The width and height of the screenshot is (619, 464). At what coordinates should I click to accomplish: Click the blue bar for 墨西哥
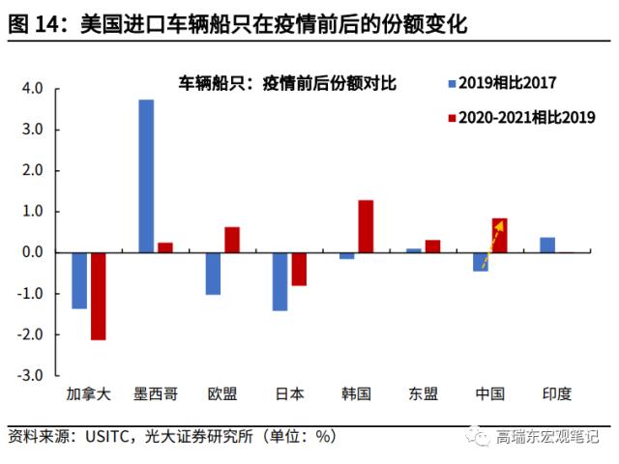pos(146,176)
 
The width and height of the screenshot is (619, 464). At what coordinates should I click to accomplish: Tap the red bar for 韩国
pos(366,226)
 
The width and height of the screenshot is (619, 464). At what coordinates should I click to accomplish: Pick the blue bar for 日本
pos(280,281)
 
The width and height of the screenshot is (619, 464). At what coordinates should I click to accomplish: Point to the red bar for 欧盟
pos(232,240)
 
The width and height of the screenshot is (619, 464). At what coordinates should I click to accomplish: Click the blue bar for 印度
pos(547,245)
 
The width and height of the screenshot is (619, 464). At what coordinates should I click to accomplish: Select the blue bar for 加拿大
pos(79,280)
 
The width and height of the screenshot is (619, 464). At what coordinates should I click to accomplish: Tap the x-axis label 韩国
pos(356,393)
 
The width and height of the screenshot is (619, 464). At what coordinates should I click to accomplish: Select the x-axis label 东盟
pos(423,393)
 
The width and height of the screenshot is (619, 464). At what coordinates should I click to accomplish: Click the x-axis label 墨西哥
pos(155,393)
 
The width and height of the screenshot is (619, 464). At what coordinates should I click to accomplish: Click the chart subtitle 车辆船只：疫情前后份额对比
pos(287,82)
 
